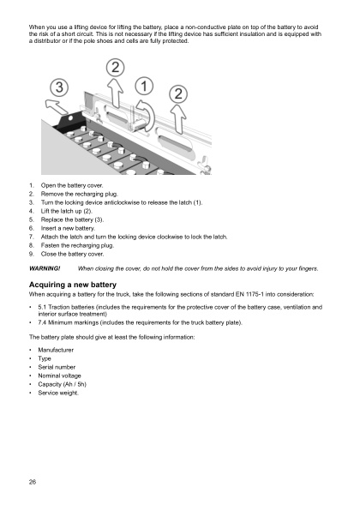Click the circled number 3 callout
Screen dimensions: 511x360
(x=59, y=88)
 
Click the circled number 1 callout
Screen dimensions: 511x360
(x=143, y=87)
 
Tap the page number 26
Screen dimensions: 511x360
(x=32, y=482)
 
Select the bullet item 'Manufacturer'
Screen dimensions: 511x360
(x=57, y=352)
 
